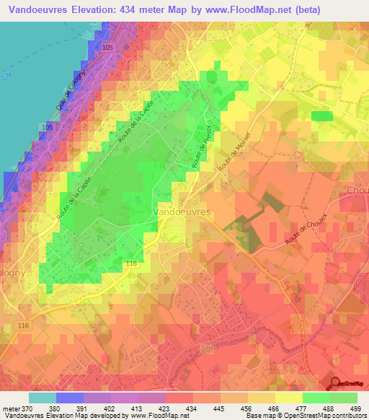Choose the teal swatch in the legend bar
pyautogui.click(x=43, y=398)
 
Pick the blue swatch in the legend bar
pyautogui.click(x=70, y=398)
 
